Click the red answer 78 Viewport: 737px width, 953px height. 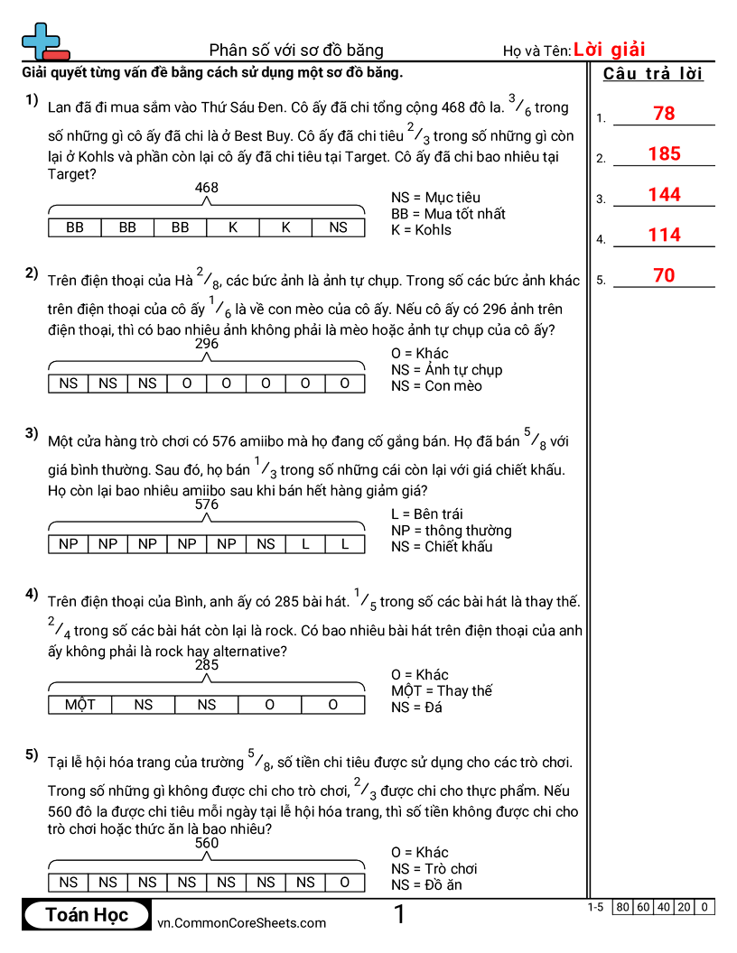(664, 114)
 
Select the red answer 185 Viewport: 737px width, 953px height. (664, 154)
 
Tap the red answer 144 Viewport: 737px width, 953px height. (664, 195)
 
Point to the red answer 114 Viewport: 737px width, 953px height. (664, 236)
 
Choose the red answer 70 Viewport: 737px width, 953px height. (664, 276)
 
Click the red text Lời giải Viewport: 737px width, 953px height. (609, 50)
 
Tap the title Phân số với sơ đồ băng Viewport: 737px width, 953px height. (296, 50)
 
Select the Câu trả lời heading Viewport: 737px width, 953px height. (653, 74)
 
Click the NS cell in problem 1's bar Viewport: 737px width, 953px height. (338, 227)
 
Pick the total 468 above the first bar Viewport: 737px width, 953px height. (207, 188)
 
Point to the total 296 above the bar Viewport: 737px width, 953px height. (207, 344)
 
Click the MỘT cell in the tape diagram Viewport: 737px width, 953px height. (80, 705)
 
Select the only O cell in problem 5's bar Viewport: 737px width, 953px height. (345, 883)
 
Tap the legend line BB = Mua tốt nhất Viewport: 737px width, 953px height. (448, 214)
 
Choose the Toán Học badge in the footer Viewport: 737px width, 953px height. (87, 915)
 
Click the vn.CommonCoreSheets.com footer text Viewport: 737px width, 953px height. (241, 922)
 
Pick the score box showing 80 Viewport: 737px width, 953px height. (622, 907)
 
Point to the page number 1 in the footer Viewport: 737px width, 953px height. (399, 915)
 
